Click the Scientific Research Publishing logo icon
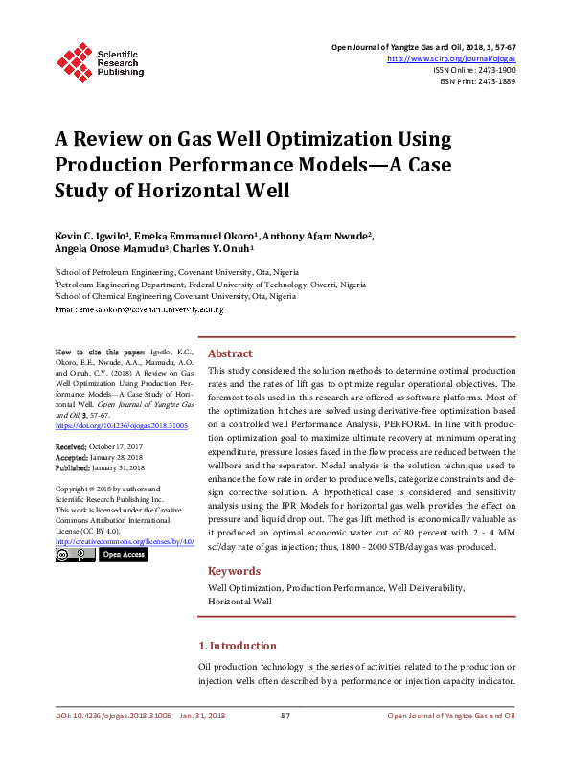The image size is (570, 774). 75,58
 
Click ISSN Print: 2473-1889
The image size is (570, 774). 477,81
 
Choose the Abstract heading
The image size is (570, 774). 230,353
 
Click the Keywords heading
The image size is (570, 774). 234,571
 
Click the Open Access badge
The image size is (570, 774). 123,554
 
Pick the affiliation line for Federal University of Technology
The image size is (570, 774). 210,285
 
